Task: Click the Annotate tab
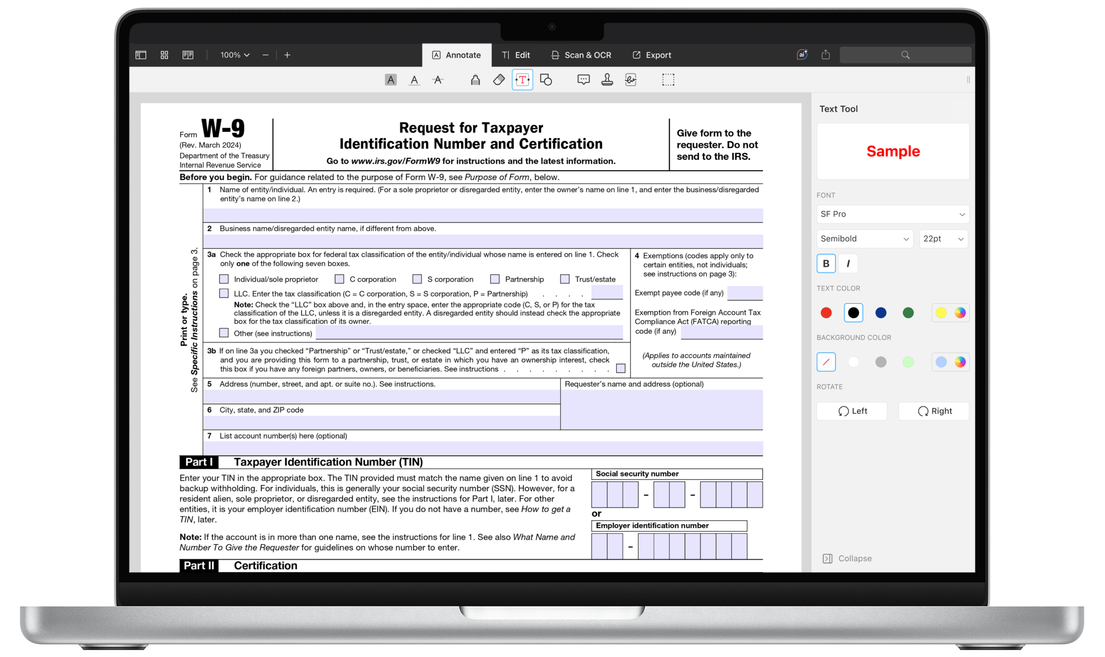(x=456, y=55)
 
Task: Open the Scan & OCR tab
(x=581, y=55)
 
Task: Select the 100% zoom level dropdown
(x=235, y=55)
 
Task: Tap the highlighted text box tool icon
(x=522, y=80)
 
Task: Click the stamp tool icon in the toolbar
(x=607, y=80)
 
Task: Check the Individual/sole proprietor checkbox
(x=224, y=279)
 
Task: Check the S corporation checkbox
(x=417, y=279)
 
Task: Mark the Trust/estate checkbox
(x=565, y=279)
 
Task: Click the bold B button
(x=826, y=263)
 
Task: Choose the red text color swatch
(x=826, y=313)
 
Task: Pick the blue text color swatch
(x=881, y=313)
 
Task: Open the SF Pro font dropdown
(x=892, y=214)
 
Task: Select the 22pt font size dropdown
(x=943, y=239)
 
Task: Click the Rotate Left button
(x=851, y=411)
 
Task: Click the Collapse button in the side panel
(x=847, y=558)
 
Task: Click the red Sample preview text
(x=893, y=152)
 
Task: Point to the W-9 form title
(x=223, y=129)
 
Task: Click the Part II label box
(x=199, y=565)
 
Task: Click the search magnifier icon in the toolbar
(x=905, y=55)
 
